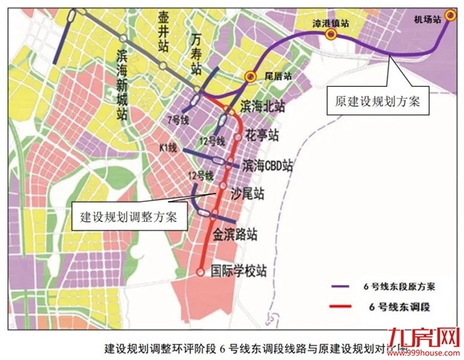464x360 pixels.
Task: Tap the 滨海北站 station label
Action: pyautogui.click(x=264, y=106)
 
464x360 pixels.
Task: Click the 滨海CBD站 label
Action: pyautogui.click(x=267, y=165)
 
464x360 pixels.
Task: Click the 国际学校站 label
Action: pyautogui.click(x=239, y=271)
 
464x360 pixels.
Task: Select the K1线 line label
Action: pyautogui.click(x=169, y=148)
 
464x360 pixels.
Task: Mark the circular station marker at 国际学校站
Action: pyautogui.click(x=200, y=272)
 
